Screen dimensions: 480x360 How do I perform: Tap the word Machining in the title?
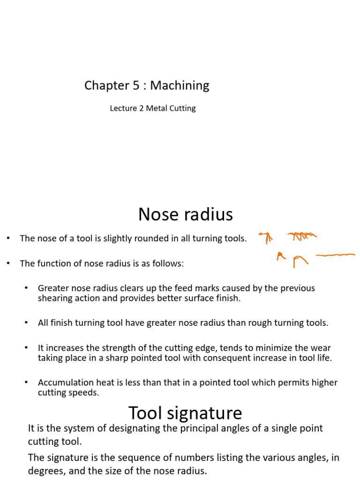click(180, 86)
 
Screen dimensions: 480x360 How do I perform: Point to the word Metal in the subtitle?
click(157, 108)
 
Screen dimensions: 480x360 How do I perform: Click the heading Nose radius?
click(186, 215)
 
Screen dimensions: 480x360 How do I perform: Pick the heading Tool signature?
click(185, 413)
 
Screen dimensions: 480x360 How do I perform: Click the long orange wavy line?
click(335, 255)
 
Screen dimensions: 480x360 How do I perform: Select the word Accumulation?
click(63, 382)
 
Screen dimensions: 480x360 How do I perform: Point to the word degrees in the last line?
click(44, 471)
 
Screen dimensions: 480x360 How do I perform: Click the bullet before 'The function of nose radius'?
click(8, 263)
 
